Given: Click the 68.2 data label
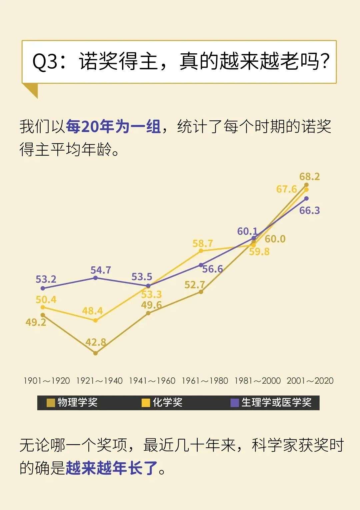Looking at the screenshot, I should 309,176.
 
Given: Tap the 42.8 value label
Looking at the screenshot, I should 96,342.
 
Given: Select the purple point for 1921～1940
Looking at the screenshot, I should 96,278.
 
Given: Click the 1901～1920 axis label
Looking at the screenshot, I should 47,381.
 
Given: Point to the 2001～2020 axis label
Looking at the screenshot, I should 310,381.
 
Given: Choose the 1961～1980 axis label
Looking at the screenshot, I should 205,381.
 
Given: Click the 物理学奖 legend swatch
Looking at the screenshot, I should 51,403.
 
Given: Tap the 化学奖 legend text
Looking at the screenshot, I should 167,402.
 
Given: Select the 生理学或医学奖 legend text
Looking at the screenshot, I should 276,402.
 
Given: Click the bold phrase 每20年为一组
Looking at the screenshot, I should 113,127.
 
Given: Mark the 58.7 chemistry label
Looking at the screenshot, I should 203,243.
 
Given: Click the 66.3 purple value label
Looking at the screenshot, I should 309,210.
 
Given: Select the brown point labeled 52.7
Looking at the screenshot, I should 201,292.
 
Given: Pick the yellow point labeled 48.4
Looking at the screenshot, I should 96,320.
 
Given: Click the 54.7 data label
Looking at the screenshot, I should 101,270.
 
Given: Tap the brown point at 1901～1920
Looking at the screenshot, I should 43,315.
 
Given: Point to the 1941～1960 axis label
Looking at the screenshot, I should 152,381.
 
